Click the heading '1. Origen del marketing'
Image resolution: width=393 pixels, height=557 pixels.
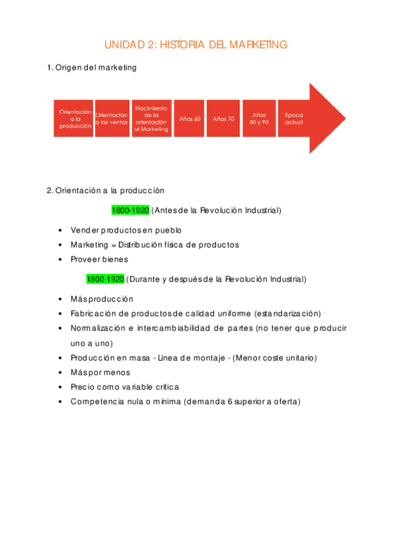pyautogui.click(x=92, y=68)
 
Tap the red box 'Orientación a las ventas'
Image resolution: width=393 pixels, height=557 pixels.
pyautogui.click(x=112, y=119)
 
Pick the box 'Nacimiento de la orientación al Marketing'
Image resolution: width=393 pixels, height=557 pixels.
pyautogui.click(x=151, y=119)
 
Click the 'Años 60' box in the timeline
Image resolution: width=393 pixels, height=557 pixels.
pyautogui.click(x=190, y=119)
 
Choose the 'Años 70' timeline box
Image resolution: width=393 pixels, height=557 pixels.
pyautogui.click(x=223, y=119)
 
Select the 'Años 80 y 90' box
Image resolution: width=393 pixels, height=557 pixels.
pyautogui.click(x=259, y=119)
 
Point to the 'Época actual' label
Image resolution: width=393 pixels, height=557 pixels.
pyautogui.click(x=294, y=119)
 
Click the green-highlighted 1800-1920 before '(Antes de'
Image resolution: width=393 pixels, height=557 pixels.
pyautogui.click(x=130, y=210)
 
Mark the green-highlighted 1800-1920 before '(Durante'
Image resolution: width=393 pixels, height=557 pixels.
pyautogui.click(x=105, y=279)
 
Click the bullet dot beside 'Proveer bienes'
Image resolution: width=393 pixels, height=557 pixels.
pyautogui.click(x=60, y=259)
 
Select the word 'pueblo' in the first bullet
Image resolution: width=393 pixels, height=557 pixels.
pyautogui.click(x=169, y=231)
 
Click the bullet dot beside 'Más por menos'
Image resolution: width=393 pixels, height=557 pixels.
pyautogui.click(x=60, y=372)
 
